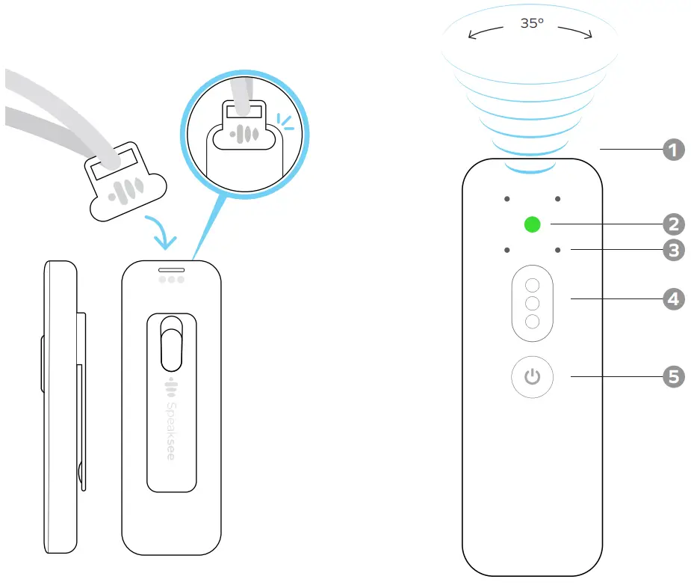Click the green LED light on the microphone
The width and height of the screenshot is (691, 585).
point(532,224)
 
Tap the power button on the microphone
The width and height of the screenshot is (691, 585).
point(532,376)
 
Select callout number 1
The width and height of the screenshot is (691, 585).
point(674,150)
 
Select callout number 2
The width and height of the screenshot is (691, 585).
point(674,223)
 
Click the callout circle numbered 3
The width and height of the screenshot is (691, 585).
point(674,249)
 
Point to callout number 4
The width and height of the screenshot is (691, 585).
point(674,298)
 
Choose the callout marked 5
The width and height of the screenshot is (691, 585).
point(674,376)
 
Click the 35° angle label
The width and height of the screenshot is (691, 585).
point(531,23)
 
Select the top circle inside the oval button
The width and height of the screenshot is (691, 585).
point(532,285)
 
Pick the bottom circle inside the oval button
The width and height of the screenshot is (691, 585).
point(532,322)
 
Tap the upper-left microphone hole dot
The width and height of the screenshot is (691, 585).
point(506,200)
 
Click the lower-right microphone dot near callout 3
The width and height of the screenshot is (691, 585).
point(557,249)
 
